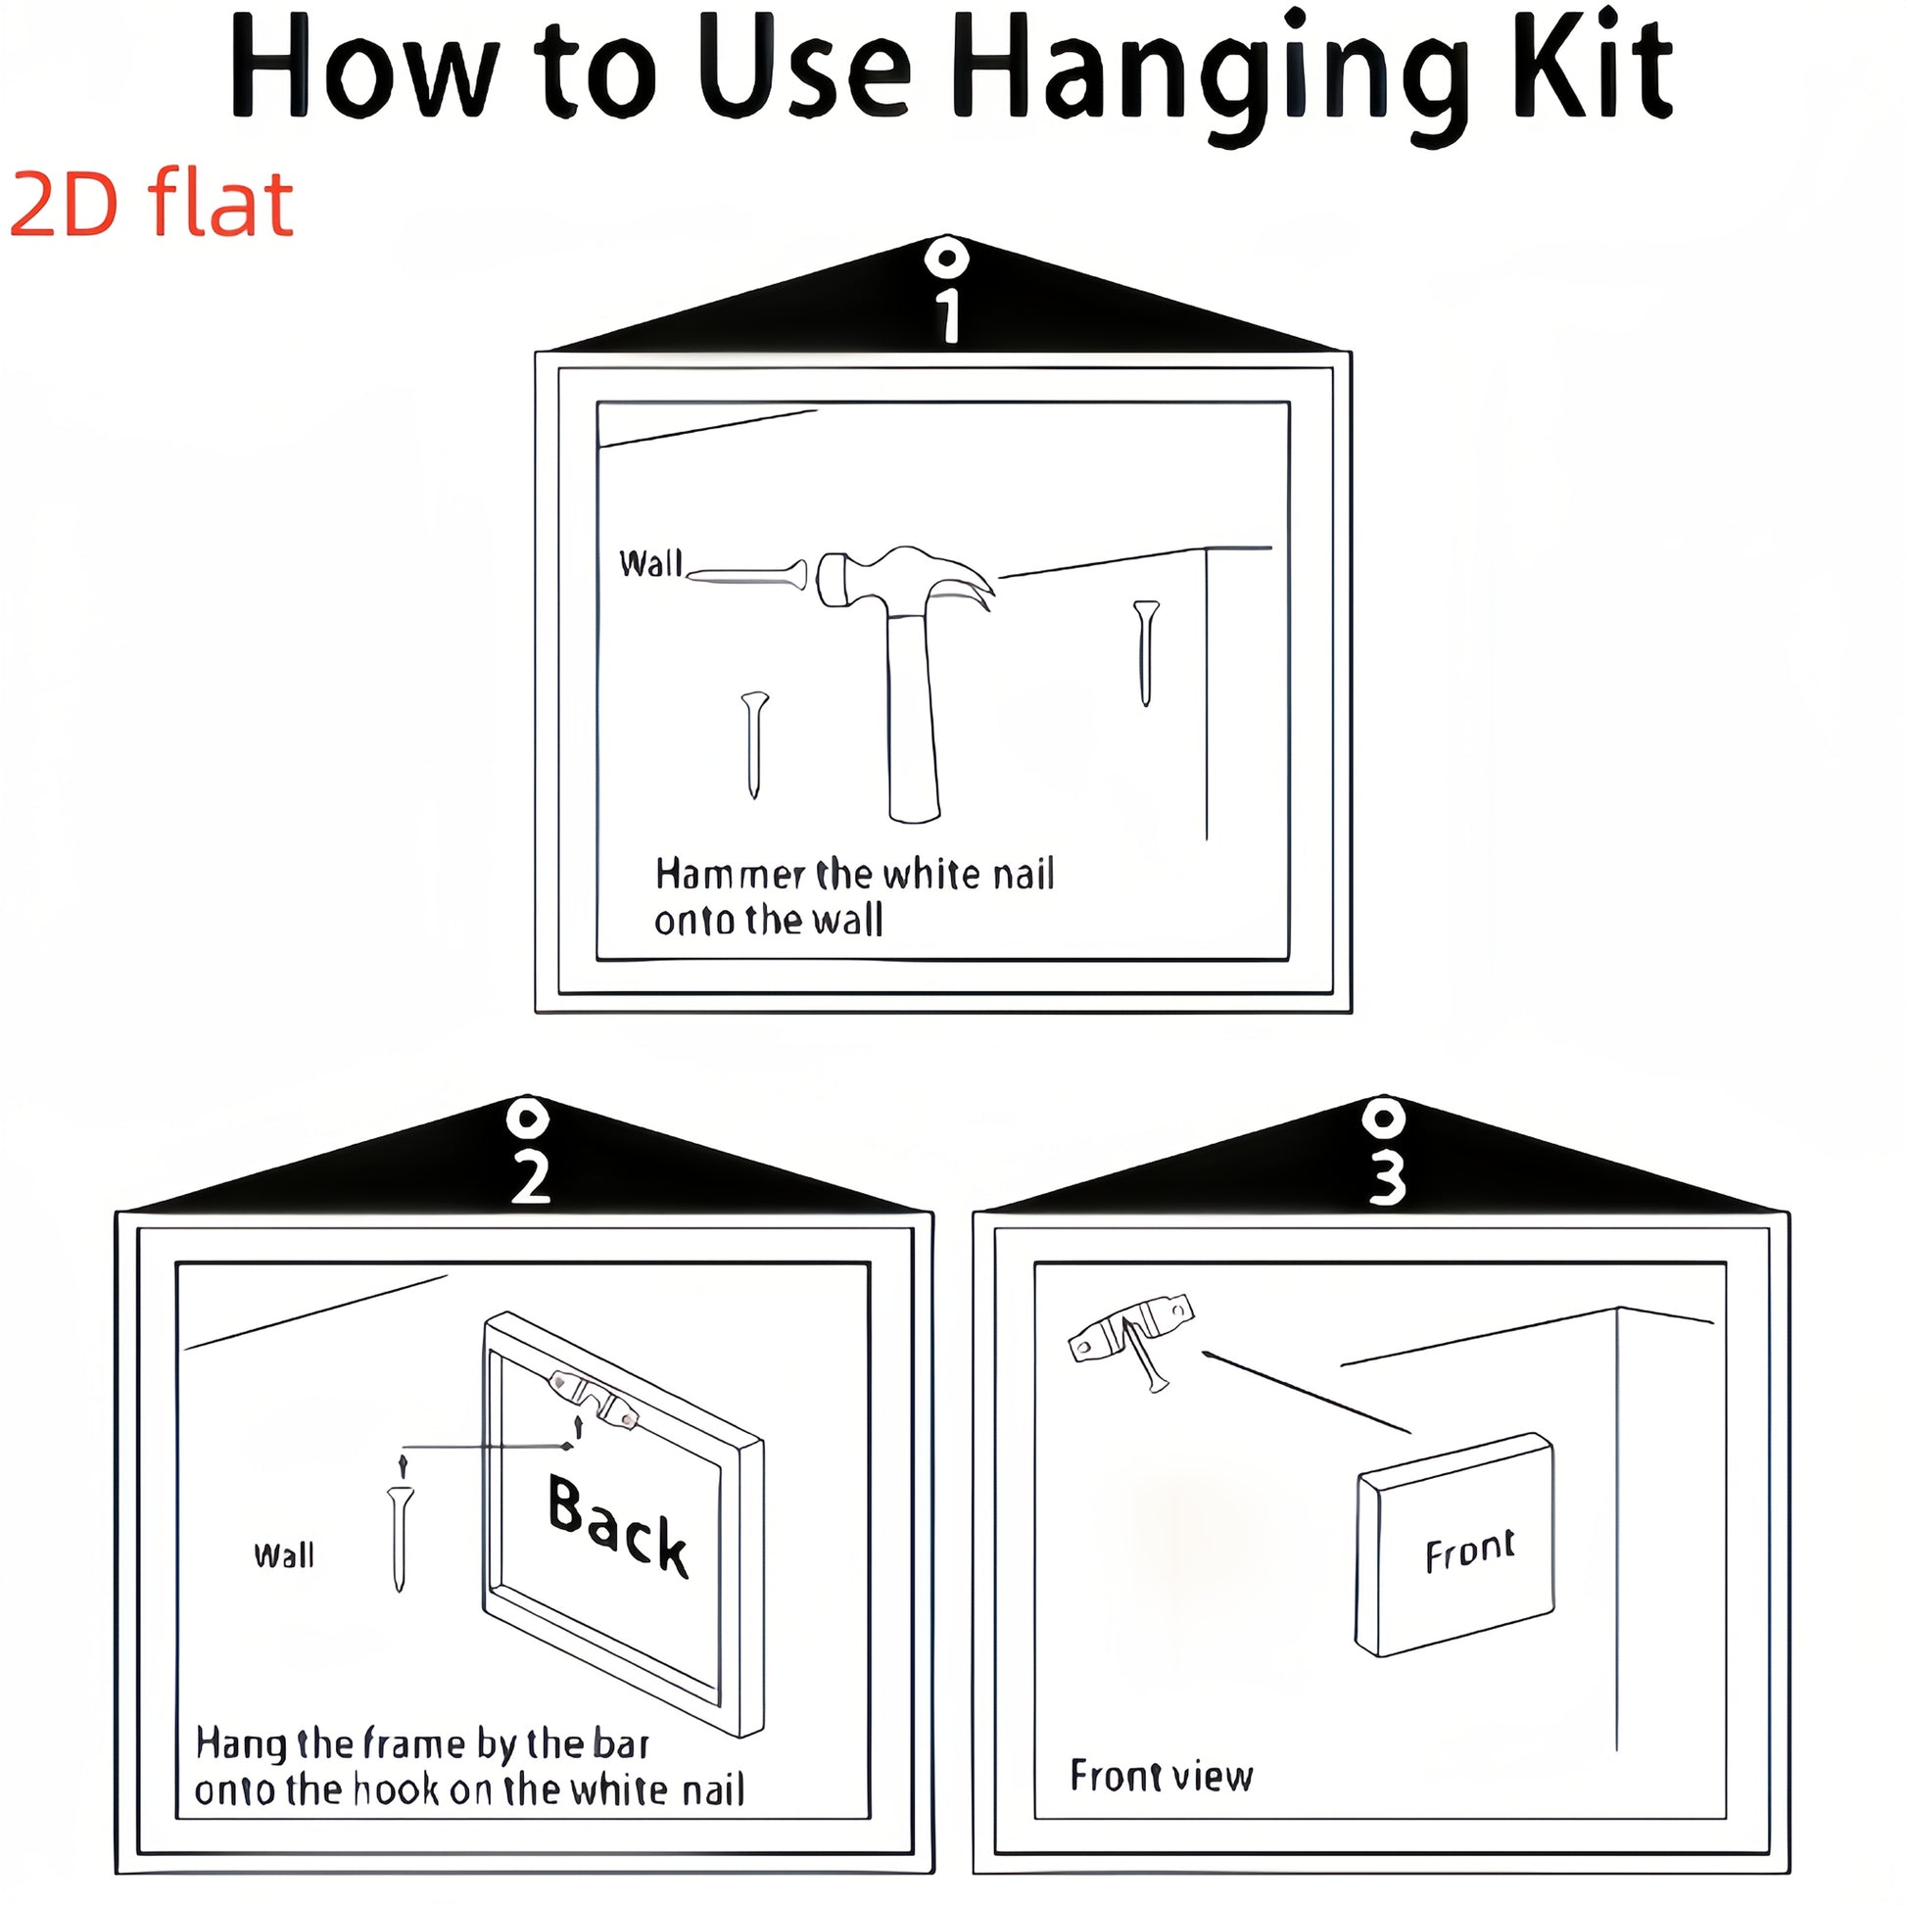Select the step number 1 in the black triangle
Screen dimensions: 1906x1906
pyautogui.click(x=949, y=315)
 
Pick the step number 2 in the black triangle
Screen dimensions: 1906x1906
pyautogui.click(x=531, y=1177)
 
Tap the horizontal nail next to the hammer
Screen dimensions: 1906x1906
pyautogui.click(x=746, y=574)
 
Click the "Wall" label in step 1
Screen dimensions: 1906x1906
pyautogui.click(x=650, y=563)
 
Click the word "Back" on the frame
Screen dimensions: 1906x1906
pyautogui.click(x=618, y=1526)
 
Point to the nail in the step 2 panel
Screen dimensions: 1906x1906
pyautogui.click(x=400, y=1539)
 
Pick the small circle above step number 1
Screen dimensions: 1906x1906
pyautogui.click(x=948, y=259)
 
